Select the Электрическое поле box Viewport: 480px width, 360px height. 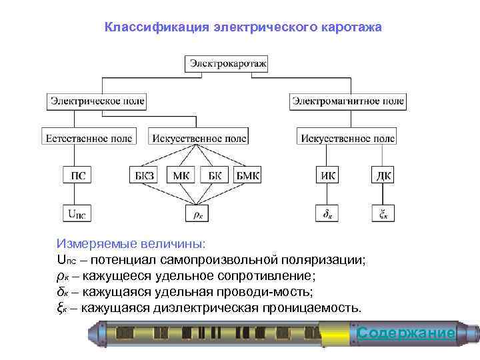pos(97,101)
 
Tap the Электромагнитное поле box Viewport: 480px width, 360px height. pos(347,101)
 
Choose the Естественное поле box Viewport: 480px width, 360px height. pos(88,138)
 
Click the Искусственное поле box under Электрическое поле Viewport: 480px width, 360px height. pos(199,138)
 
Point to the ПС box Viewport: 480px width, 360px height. pos(77,176)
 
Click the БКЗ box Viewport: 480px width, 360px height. pos(144,176)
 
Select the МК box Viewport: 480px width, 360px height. pos(181,176)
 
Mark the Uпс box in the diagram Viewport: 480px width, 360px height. pos(77,213)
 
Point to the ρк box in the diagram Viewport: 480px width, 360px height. pos(198,213)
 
